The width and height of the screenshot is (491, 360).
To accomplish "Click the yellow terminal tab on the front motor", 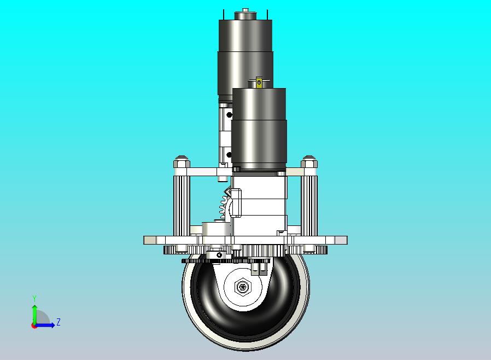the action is [259, 82].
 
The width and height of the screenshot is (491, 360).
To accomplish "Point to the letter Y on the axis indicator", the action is [34, 298].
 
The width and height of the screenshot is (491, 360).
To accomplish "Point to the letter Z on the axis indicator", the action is [59, 322].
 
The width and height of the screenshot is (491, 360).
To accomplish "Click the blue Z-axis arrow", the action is [44, 325].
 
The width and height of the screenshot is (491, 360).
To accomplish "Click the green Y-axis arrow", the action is [34, 315].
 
